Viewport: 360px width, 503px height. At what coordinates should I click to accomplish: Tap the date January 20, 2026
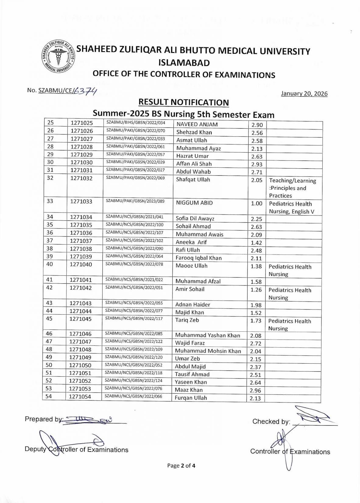[304, 93]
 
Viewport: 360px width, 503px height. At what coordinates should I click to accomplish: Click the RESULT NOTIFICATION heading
[183, 102]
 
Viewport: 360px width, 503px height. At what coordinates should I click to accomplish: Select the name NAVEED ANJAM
[197, 124]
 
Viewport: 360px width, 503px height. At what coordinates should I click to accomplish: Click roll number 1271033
[81, 201]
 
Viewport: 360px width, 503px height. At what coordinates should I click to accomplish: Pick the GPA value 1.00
[256, 203]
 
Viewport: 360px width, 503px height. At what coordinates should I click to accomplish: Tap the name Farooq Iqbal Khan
[199, 258]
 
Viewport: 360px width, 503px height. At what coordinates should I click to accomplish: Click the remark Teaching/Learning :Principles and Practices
[292, 188]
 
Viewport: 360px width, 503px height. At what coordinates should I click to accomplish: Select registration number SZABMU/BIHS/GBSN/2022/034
[136, 123]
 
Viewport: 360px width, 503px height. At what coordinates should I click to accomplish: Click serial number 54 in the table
[49, 396]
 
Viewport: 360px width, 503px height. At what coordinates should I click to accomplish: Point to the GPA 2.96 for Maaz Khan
[256, 390]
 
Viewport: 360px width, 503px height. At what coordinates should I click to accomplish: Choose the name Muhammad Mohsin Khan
[208, 351]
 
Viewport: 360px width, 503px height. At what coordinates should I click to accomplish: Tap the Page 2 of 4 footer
[181, 466]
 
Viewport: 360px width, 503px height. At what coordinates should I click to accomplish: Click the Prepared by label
[43, 419]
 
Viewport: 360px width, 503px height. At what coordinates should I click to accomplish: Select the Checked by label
[271, 421]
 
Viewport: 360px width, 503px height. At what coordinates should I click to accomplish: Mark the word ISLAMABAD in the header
[184, 63]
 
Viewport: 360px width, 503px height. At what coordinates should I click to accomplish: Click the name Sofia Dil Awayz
[195, 218]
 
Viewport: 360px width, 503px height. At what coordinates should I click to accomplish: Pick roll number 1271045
[80, 319]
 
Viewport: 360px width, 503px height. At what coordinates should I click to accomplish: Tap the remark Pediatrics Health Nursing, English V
[291, 208]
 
